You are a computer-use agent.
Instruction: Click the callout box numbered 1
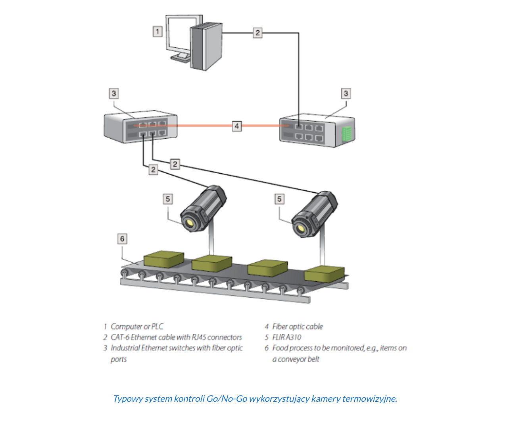[158, 31]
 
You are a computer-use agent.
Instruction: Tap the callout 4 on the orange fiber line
[236, 126]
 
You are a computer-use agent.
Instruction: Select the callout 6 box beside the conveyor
[122, 239]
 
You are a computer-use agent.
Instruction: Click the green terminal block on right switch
[347, 134]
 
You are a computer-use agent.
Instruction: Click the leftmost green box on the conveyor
[163, 259]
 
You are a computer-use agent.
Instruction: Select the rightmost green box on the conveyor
[324, 274]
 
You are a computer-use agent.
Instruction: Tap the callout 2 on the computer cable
[257, 33]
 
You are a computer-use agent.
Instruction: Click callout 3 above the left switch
[114, 93]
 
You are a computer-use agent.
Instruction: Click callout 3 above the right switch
[346, 93]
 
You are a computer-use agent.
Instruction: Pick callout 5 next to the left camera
[168, 199]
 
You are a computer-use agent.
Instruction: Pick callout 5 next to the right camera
[279, 199]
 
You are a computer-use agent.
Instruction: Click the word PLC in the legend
[157, 327]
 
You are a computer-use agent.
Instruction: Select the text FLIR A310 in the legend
[286, 337]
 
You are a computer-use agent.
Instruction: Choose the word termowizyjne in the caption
[369, 399]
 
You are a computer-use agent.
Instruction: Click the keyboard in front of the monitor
[181, 59]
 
